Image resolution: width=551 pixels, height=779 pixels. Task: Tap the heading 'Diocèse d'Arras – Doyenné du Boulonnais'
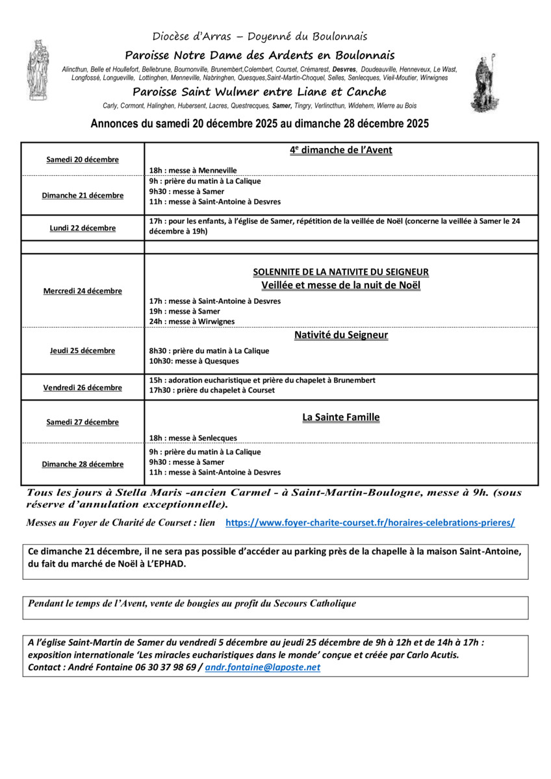pos(260,36)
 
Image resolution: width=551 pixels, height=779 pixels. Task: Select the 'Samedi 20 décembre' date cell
pos(83,160)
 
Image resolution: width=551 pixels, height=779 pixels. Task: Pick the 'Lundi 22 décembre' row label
pos(83,228)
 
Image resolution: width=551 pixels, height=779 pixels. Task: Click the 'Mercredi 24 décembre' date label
pos(83,291)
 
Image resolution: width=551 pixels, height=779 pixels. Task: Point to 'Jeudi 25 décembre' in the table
pos(83,351)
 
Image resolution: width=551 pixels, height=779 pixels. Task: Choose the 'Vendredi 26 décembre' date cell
pos(83,388)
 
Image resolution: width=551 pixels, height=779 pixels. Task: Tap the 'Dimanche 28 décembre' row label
pos(83,464)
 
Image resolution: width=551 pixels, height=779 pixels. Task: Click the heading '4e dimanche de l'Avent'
pos(340,150)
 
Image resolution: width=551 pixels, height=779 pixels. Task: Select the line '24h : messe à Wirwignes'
pos(192,321)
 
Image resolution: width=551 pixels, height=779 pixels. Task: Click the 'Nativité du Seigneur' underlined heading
pos(340,335)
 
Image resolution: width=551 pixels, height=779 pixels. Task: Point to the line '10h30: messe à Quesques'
pos(194,361)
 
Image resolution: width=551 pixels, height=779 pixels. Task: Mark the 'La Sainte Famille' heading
pos(340,417)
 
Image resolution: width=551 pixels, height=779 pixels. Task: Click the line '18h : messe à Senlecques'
pos(193,438)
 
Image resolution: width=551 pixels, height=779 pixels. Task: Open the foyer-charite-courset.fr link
pos(370,522)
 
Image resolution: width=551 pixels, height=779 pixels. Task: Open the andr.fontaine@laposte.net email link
pos(263,667)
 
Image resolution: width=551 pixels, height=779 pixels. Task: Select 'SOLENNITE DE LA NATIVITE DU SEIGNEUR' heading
pos(340,272)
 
